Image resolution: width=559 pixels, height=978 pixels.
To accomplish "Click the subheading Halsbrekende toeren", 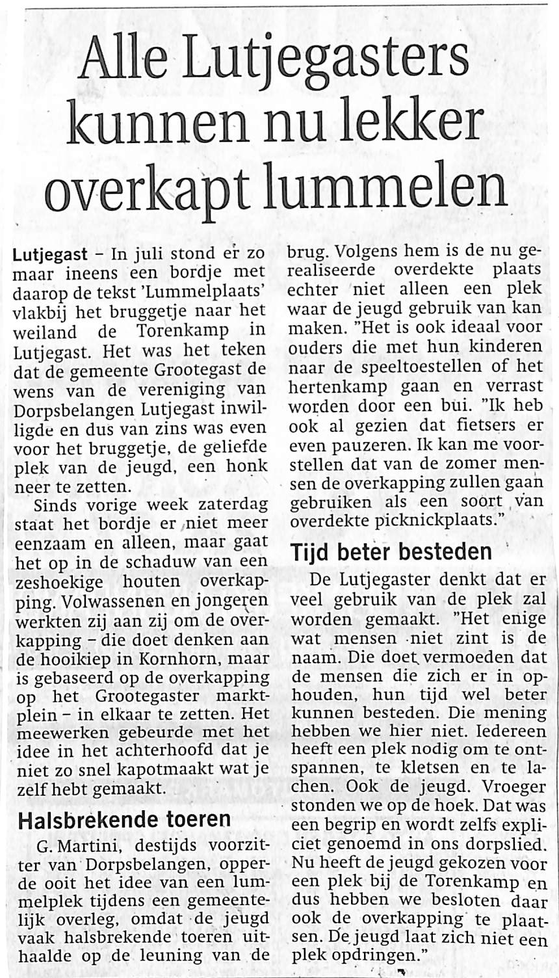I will [x=124, y=818].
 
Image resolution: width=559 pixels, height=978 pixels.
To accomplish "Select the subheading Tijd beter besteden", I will [x=391, y=552].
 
